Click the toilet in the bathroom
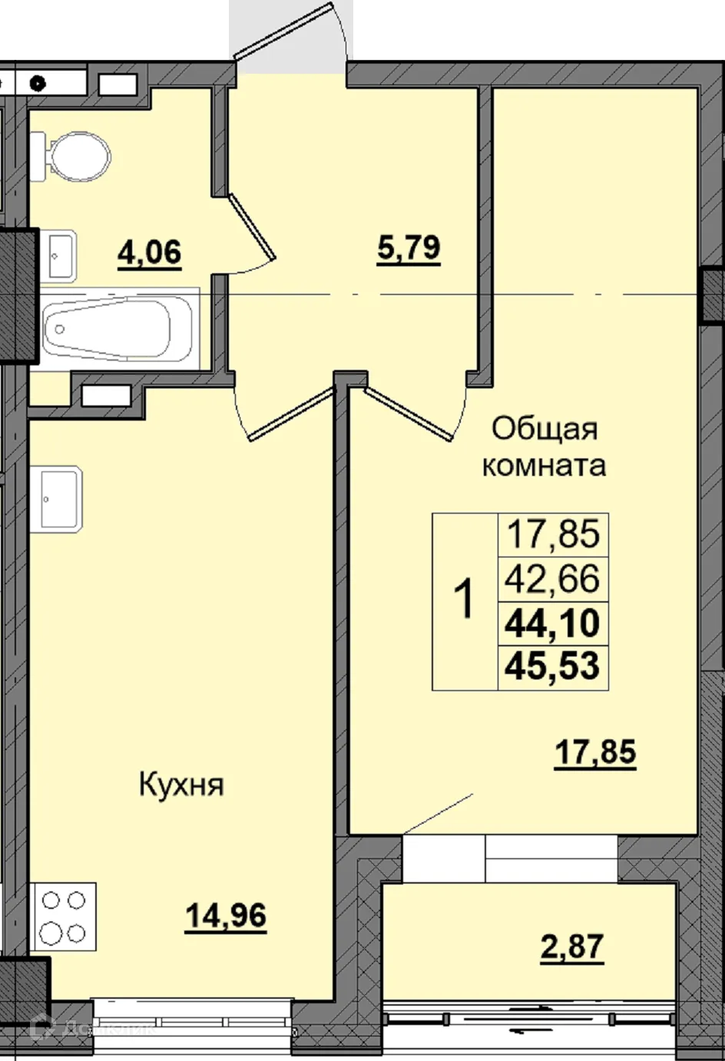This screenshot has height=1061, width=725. (x=73, y=157)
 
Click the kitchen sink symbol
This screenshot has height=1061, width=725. (x=55, y=499)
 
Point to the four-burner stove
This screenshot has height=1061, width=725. (x=63, y=917)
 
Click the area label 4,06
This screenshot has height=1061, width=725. (x=150, y=252)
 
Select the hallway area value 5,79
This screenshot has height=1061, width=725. (x=409, y=249)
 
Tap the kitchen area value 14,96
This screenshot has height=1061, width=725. (x=226, y=916)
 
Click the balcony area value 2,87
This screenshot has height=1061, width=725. (x=572, y=947)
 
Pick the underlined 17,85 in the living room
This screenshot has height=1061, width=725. (x=595, y=752)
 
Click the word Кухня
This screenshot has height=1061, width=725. (x=181, y=785)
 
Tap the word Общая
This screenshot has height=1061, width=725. (x=544, y=428)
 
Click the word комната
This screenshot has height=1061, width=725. (x=544, y=465)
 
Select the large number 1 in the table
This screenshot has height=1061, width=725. (x=465, y=600)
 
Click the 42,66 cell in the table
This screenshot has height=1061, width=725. (x=552, y=579)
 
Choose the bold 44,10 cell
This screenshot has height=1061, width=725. (x=552, y=623)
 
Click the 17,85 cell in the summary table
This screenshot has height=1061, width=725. (x=552, y=534)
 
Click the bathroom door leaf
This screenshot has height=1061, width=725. (x=251, y=226)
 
